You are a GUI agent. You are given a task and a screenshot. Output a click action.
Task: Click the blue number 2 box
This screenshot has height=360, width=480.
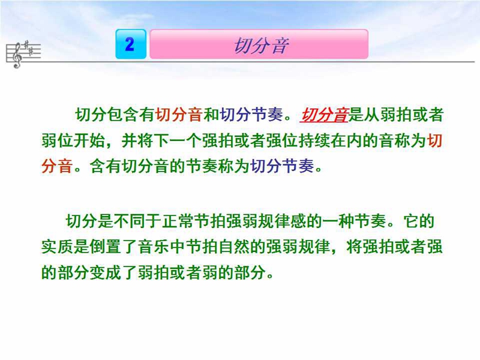tap(131, 44)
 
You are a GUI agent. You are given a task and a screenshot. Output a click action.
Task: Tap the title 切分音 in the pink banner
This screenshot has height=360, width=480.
tap(261, 46)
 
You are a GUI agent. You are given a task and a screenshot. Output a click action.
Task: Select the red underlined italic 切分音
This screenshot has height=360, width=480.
tap(324, 115)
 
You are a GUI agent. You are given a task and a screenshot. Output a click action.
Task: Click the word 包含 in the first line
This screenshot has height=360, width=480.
tap(123, 115)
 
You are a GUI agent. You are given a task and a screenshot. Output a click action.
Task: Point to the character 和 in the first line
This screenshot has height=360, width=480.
tap(211, 115)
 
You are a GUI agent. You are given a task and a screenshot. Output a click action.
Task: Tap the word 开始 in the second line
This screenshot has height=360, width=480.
tap(89, 141)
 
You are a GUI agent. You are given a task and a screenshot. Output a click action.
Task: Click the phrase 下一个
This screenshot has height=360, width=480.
tap(178, 141)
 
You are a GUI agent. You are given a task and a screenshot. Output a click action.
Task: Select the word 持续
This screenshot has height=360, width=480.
tap(314, 141)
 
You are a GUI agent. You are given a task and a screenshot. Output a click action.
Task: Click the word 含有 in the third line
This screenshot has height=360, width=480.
tap(106, 166)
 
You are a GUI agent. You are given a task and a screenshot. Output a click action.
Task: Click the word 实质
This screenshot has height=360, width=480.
tap(57, 247)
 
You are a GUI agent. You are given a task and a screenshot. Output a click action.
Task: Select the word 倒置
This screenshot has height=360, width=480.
tap(106, 247)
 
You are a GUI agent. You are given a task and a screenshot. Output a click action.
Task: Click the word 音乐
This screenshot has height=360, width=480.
tap(154, 247)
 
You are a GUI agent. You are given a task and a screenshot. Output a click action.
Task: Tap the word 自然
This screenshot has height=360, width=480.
tap(234, 247)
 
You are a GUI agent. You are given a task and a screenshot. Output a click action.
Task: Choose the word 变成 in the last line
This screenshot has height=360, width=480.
tap(106, 272)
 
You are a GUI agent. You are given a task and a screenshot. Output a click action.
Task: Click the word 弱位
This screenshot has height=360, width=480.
tap(57, 141)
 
